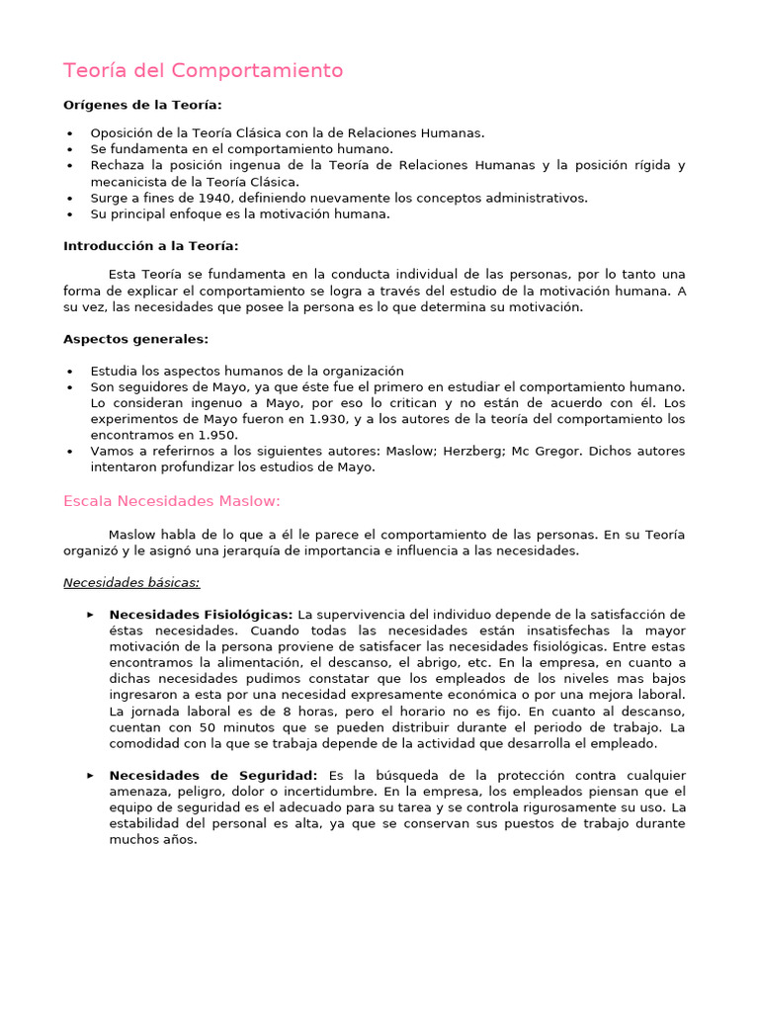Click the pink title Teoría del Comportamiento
(204, 71)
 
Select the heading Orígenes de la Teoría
(142, 106)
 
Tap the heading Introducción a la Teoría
(150, 245)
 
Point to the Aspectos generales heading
(136, 339)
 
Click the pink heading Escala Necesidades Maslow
(172, 501)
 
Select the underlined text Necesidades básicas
(131, 582)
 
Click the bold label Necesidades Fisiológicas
(201, 615)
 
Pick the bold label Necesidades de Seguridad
(213, 776)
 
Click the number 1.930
(329, 419)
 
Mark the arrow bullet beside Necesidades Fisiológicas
(91, 615)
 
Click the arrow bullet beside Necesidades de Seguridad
(91, 776)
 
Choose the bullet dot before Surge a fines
(70, 198)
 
